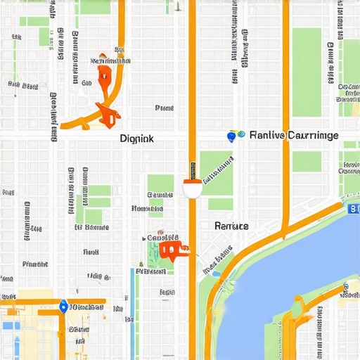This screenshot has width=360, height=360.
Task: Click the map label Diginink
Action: pyautogui.click(x=136, y=139)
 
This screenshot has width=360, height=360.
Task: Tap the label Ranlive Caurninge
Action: pyautogui.click(x=293, y=135)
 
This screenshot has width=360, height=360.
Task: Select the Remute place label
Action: pyautogui.click(x=231, y=226)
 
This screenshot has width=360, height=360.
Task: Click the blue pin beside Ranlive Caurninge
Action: pyautogui.click(x=231, y=134)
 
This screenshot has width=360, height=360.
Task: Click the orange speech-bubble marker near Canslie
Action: pyautogui.click(x=171, y=249)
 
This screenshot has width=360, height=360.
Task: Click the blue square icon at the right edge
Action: pyautogui.click(x=354, y=208)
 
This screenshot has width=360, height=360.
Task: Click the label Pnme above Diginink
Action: pyautogui.click(x=164, y=108)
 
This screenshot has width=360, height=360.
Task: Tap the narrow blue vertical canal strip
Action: pyautogui.click(x=132, y=295)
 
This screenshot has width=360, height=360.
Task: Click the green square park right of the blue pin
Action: pyautogui.click(x=307, y=161)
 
